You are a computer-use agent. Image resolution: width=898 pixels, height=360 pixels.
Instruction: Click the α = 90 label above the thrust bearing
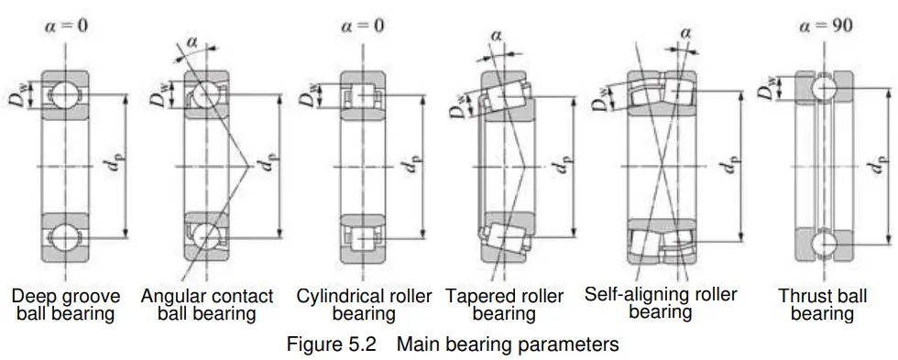(825, 25)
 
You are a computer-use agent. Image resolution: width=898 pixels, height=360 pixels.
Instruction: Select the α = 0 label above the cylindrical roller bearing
(363, 26)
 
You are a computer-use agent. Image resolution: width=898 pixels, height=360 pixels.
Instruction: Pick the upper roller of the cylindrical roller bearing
(361, 95)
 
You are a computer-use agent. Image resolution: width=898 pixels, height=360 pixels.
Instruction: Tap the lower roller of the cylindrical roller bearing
(361, 237)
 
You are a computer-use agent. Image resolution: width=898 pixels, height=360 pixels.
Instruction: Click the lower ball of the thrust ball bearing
(824, 244)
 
